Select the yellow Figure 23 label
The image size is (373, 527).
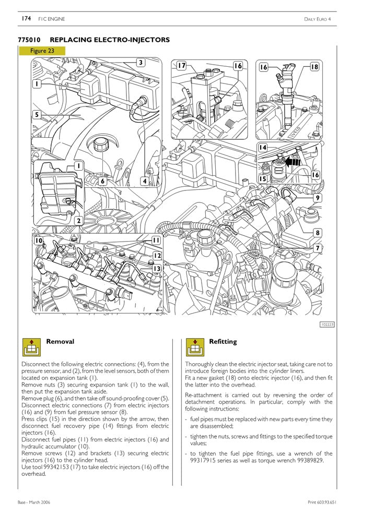pos(42,51)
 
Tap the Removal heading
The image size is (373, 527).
pos(60,342)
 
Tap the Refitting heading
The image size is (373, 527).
pos(223,342)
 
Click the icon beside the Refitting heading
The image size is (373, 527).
pos(194,346)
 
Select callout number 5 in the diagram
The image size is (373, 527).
pos(37,115)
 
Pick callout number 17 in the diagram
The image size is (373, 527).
pos(181,66)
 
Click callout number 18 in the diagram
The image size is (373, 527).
pos(314,67)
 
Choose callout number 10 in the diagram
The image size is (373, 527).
pos(39,241)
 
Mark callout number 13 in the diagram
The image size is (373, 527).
pos(156,268)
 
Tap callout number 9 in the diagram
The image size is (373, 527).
pos(318,198)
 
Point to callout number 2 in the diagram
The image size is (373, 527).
pos(78,221)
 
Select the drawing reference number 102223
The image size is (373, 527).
pos(327,325)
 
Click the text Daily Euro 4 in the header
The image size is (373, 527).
pos(318,19)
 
